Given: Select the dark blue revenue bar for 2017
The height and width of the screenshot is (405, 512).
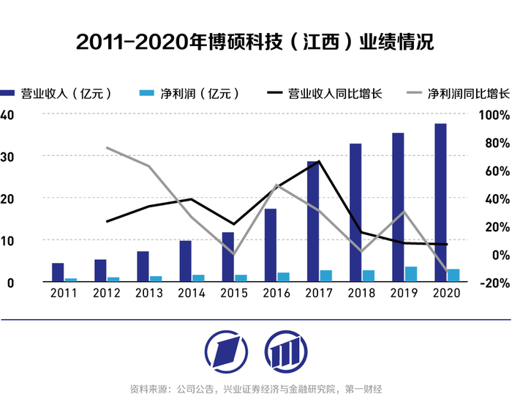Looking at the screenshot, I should coord(313,221).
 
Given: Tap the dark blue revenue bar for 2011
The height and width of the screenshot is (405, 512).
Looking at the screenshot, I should coord(58,272).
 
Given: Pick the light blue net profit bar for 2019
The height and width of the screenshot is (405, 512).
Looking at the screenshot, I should coord(411,274).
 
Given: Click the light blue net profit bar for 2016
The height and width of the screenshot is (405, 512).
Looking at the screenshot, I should coord(283,277).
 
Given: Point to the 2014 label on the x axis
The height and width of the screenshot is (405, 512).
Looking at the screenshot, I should coord(192,293).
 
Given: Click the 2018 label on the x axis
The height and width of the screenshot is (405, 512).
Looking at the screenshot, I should coord(361,293).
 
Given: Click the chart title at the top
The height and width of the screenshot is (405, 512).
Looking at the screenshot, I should coord(255,42).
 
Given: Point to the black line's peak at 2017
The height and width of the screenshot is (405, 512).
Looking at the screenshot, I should coord(319,161).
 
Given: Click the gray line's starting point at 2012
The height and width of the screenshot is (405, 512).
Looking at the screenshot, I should coord(107,148).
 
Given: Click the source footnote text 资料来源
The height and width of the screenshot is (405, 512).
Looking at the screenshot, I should coord(256,389).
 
